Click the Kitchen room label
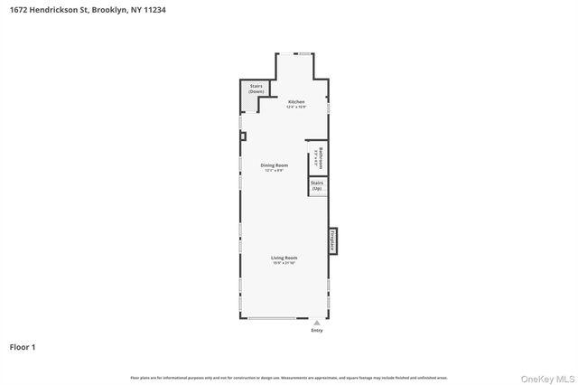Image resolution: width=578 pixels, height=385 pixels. point(295,102)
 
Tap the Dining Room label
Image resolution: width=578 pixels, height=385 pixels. point(275,165)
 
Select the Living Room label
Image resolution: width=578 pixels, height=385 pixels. point(284,258)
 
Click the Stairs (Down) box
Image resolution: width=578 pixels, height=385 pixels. point(256,89)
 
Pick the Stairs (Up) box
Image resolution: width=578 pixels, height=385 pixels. point(317,185)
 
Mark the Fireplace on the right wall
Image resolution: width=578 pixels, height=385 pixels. point(333,240)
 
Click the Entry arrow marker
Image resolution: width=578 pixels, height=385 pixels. point(316,323)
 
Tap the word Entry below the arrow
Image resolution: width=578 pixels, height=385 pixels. point(316,331)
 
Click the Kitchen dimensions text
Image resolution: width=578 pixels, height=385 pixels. point(296,108)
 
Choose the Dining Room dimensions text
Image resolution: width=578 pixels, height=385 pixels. point(275,171)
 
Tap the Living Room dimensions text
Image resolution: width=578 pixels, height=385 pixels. point(284,263)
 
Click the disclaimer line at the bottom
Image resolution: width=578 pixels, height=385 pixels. point(289,378)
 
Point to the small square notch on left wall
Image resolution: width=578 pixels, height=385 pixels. point(242,136)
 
